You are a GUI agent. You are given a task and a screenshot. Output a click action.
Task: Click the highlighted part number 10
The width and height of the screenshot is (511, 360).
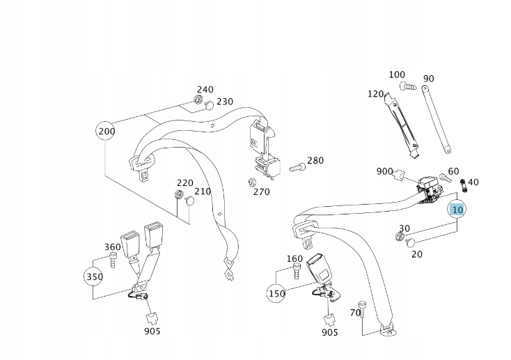pos(457,209)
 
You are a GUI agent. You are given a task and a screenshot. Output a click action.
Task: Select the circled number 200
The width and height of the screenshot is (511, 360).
pos(107,131)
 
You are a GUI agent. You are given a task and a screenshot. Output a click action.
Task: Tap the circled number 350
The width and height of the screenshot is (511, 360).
pos(95,276)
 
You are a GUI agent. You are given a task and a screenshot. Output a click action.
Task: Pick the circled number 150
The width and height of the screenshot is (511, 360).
pos(276,293)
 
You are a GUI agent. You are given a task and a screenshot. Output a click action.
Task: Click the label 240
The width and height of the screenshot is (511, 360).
pos(205,90)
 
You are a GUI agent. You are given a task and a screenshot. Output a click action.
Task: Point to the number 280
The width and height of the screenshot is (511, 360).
pos(315,161)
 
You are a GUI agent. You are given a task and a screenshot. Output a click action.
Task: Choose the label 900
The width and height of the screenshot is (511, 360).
pos(384,171)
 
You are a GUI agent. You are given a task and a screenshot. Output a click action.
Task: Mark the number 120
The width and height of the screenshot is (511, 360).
pos(376,94)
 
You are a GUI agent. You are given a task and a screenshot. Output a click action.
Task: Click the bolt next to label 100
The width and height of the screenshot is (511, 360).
pos(408,87)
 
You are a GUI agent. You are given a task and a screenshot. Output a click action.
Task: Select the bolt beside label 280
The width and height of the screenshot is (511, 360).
pos(297,166)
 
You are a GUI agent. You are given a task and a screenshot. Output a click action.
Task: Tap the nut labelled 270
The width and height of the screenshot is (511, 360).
pos(247,183)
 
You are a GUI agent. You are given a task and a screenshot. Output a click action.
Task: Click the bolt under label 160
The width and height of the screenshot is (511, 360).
pos(297,272)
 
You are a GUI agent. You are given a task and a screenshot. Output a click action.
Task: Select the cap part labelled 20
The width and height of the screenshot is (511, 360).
pos(410,243)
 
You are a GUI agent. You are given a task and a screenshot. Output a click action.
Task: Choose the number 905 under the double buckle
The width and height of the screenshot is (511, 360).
pos(152,331)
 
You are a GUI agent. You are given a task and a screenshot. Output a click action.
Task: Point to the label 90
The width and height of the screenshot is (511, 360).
pos(428,79)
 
